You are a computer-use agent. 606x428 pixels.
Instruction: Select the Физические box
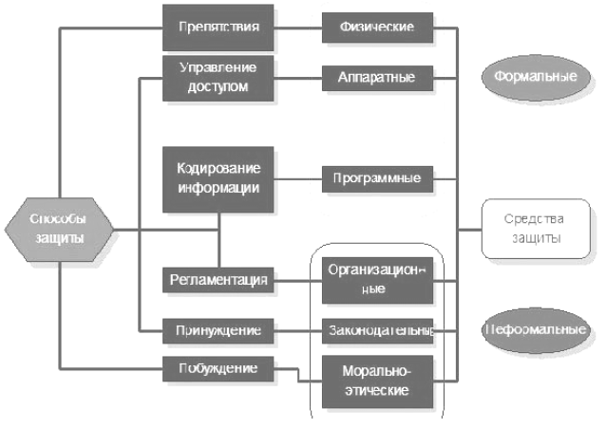coord(377,27)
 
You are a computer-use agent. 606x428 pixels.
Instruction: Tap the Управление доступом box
coord(218,78)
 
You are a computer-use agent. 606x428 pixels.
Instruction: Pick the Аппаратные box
coord(377,76)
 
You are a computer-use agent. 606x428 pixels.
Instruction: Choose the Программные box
coord(377,177)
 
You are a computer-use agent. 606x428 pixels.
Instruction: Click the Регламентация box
coord(218,279)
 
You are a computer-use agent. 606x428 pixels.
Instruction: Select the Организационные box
coord(377,279)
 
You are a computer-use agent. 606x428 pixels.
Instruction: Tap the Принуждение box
coord(218,329)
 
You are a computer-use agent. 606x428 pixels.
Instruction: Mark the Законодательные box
coord(377,329)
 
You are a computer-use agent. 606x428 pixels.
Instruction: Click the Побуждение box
coord(218,367)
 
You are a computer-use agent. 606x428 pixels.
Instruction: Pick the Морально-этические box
coord(377,380)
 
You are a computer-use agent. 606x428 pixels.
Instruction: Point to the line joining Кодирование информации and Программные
coord(297,177)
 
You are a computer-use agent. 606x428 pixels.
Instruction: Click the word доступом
coord(218,86)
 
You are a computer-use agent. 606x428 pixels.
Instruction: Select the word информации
coord(218,187)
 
